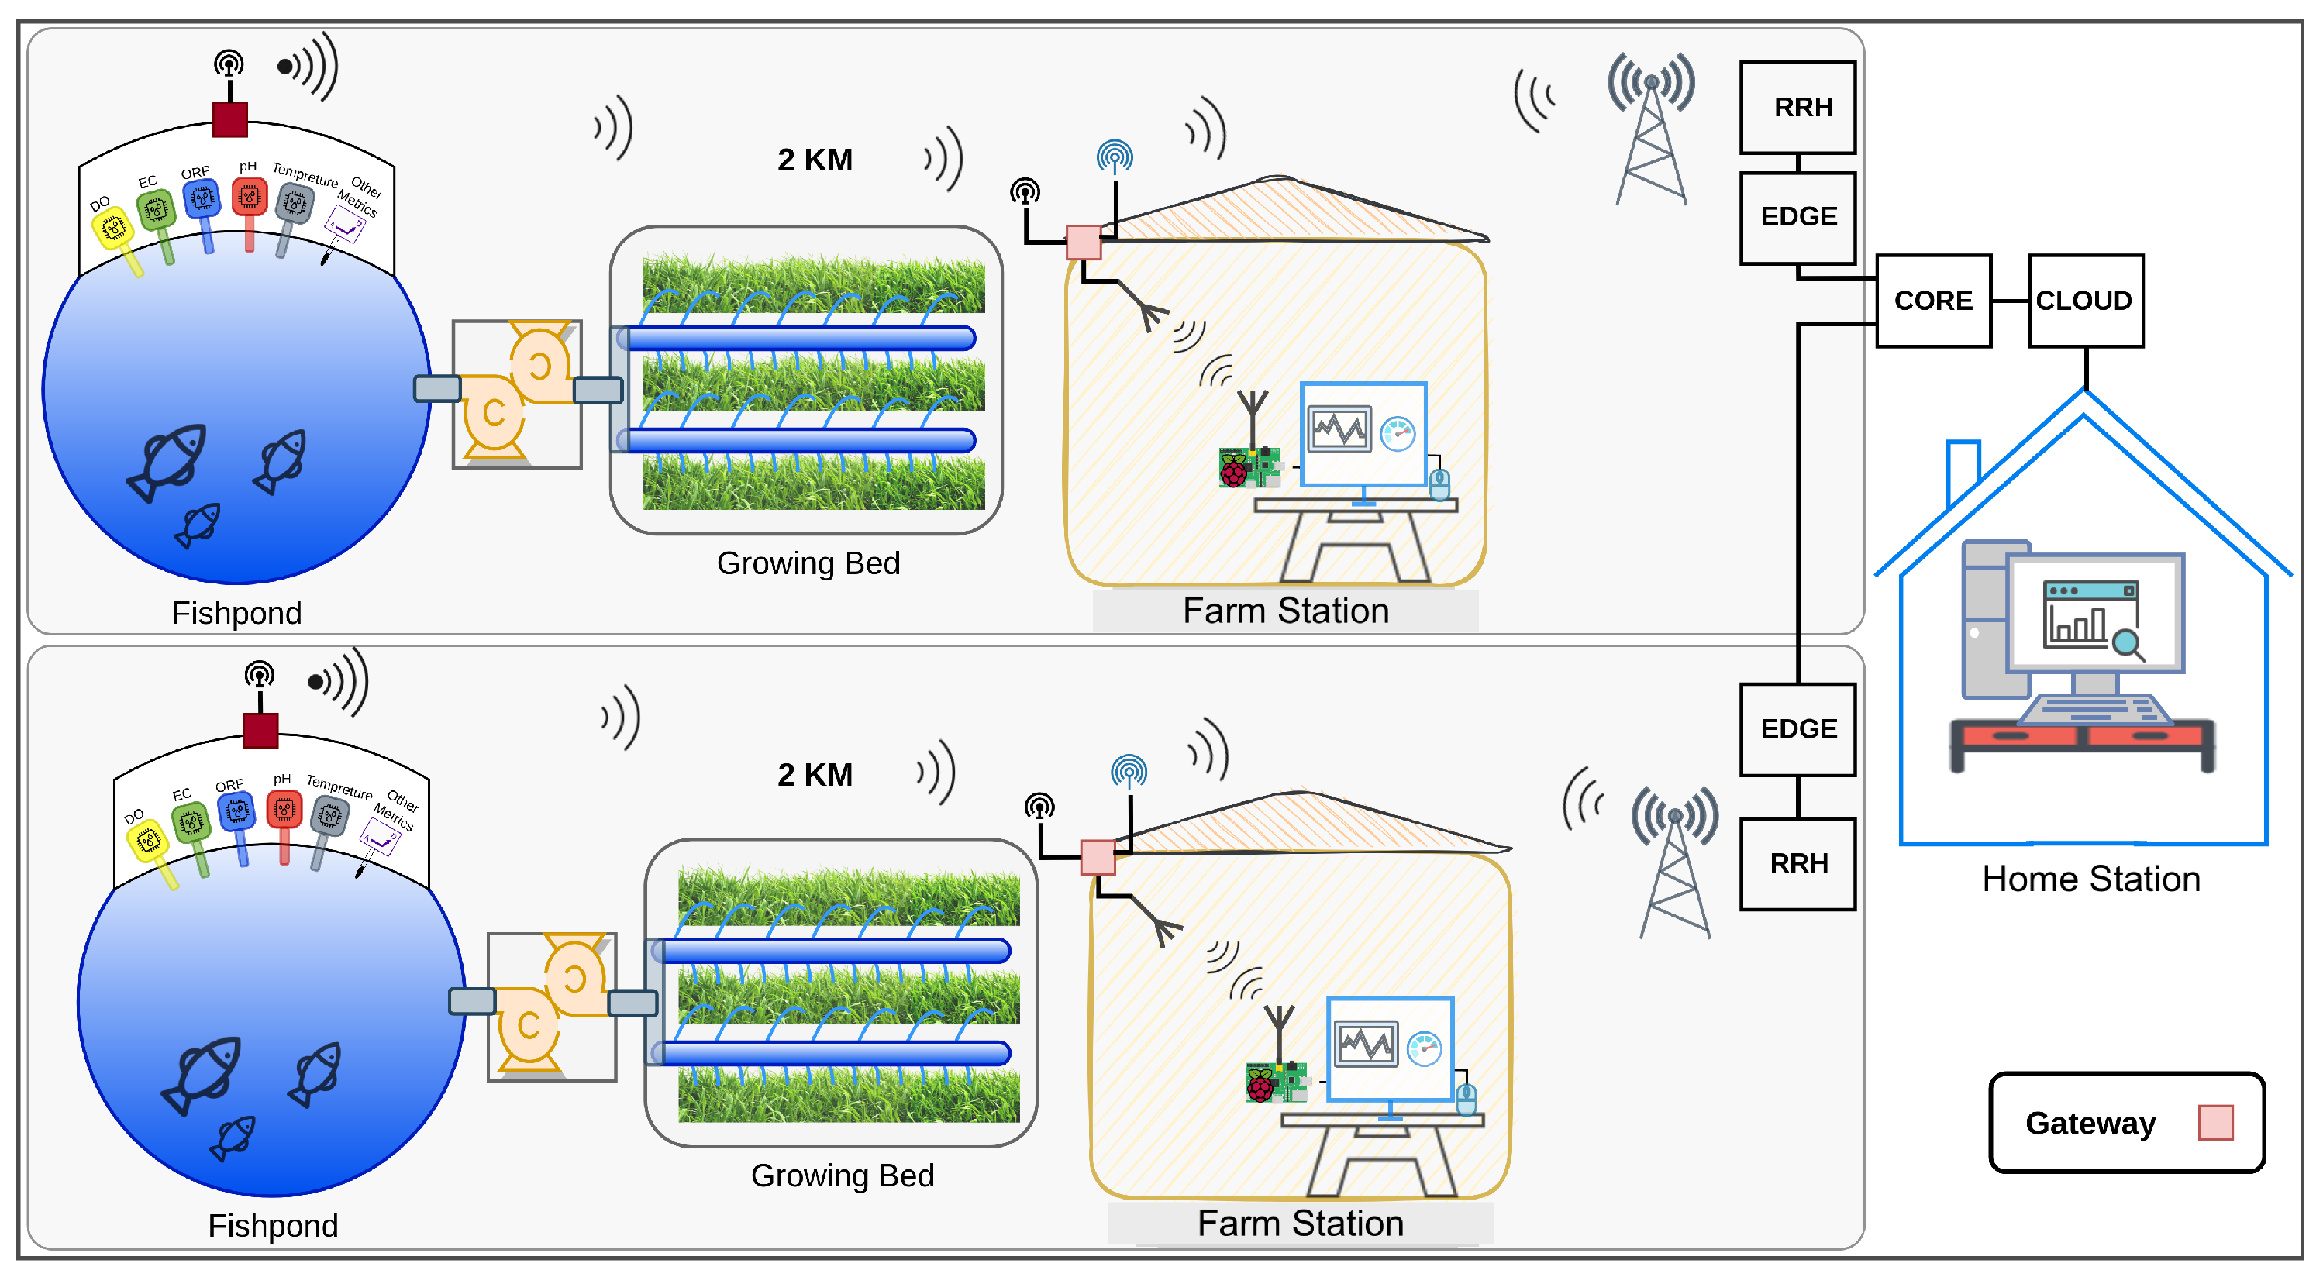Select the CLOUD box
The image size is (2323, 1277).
click(2084, 301)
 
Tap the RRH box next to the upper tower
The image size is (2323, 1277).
click(1797, 107)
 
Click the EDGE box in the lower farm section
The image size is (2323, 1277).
click(1797, 728)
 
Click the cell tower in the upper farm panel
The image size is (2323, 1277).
click(1650, 136)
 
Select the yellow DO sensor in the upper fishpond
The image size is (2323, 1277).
click(114, 229)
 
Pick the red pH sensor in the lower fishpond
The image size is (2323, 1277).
click(284, 809)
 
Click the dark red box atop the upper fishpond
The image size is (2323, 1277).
click(230, 119)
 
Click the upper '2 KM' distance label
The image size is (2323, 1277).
click(815, 160)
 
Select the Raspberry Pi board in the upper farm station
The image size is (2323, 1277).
click(1247, 467)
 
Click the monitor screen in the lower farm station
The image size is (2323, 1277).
click(1389, 1048)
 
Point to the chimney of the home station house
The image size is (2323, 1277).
click(1963, 469)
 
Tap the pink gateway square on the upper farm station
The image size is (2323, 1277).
click(1083, 243)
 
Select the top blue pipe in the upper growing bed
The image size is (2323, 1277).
click(801, 338)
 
